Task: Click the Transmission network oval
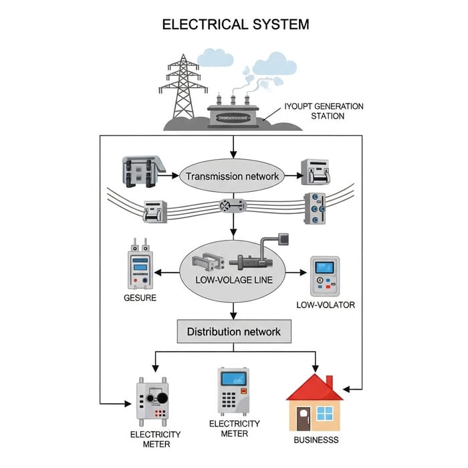coord(233,177)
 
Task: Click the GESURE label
coord(140,298)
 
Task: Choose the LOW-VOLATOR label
coord(325,305)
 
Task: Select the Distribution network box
coord(233,332)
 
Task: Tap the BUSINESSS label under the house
coord(316,440)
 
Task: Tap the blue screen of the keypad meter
coord(231,379)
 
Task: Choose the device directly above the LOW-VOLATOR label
coord(325,276)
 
